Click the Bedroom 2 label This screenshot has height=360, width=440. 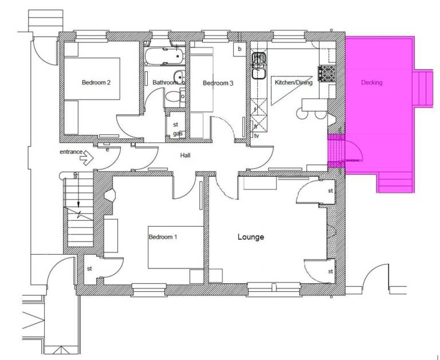[96, 82]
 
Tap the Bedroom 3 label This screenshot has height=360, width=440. [218, 83]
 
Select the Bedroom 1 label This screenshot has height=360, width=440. [163, 237]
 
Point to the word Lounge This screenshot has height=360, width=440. [250, 237]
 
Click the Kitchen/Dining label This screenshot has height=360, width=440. [293, 82]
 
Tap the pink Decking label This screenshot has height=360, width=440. [371, 82]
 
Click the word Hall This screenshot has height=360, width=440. [185, 155]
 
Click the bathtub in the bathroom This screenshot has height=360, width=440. [165, 56]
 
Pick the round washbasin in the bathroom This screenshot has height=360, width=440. [179, 77]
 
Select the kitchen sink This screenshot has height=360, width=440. [259, 66]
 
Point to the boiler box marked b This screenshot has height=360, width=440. [239, 49]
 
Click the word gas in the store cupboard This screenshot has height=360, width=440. [178, 134]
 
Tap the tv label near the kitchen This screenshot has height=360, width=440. [257, 136]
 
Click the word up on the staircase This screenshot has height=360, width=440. [75, 175]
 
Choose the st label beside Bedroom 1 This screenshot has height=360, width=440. [89, 268]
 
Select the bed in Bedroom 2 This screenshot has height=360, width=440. [92, 78]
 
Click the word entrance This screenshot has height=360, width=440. [71, 152]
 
